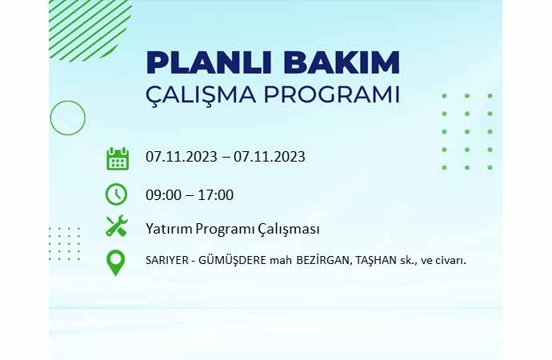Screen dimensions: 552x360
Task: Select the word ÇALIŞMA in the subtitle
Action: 201,95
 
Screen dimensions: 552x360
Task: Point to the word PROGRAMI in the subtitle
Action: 332,94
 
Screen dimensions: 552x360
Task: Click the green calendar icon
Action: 118,158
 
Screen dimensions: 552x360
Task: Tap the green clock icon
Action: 116,194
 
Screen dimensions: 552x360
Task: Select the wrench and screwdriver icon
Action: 117,226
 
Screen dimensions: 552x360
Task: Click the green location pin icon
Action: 116,262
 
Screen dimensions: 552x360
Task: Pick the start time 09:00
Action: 163,195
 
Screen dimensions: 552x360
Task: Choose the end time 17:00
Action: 216,195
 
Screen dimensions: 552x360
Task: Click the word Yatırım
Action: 169,229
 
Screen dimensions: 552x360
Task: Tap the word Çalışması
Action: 289,229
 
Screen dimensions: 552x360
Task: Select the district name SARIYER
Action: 167,261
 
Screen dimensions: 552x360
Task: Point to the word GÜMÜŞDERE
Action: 232,260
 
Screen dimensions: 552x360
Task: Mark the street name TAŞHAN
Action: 376,261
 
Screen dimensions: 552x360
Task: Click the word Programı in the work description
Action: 226,229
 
